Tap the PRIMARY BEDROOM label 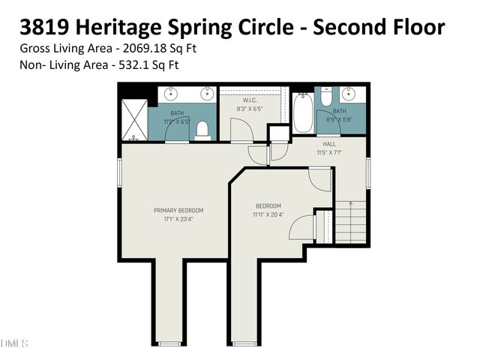point(178,210)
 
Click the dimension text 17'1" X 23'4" point(178,219)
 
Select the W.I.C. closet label point(250,100)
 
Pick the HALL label point(329,143)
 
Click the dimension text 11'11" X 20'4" point(268,214)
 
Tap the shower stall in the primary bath point(135,121)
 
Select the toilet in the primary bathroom point(201,131)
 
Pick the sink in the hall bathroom point(349,95)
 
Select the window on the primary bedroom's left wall point(120,172)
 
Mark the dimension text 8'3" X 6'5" point(250,109)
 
